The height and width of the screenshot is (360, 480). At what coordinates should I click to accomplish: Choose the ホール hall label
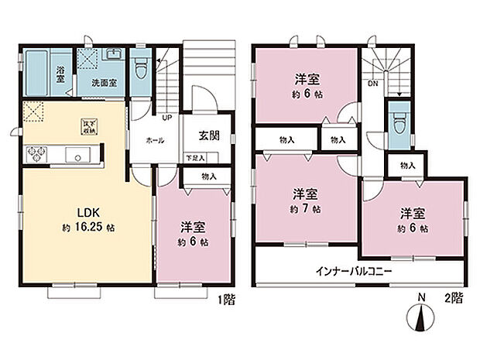tap(153, 142)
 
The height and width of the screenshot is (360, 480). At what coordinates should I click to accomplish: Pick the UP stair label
tap(166, 118)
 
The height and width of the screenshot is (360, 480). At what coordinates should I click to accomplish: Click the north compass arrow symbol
tap(421, 317)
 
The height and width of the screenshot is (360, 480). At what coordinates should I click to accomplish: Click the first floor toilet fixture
tap(141, 70)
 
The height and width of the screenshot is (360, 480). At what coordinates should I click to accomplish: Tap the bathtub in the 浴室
tap(36, 71)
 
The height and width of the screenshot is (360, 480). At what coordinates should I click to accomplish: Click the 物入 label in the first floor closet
tap(208, 177)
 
